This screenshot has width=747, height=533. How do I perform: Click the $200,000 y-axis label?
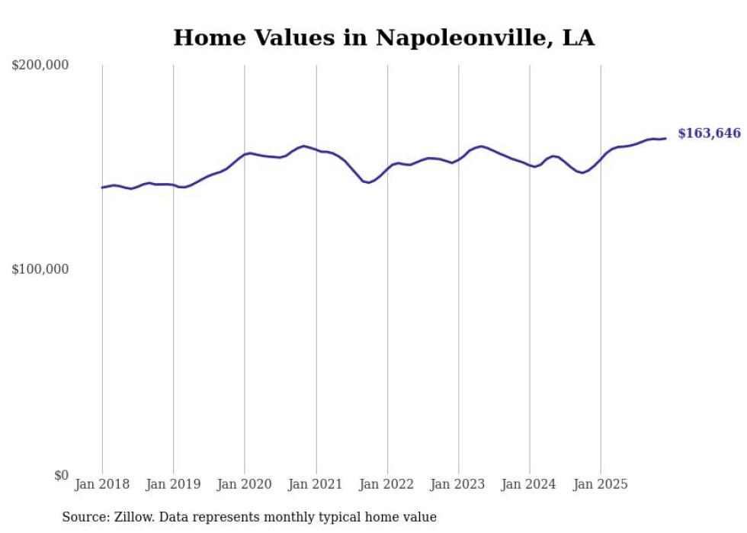tap(40, 66)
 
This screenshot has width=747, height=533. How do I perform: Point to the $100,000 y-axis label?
tap(40, 269)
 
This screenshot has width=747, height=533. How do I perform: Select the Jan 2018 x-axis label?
tap(102, 484)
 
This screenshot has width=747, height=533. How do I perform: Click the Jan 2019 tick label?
tap(173, 484)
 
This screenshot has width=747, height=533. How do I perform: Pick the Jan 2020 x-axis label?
tap(244, 484)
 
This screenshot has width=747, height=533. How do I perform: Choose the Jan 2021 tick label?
tap(316, 484)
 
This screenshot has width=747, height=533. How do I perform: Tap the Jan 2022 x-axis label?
tap(387, 484)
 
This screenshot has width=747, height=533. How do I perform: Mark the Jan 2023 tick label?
tap(458, 484)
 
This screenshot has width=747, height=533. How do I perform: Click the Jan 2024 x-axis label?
tap(530, 484)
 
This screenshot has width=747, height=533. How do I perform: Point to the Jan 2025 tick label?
tap(601, 484)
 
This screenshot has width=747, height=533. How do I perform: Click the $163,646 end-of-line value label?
tap(709, 133)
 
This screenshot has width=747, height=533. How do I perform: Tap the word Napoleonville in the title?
tap(464, 37)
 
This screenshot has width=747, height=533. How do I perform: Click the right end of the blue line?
tap(665, 138)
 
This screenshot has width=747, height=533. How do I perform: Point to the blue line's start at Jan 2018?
tap(103, 188)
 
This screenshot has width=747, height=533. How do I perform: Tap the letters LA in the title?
tap(578, 37)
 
